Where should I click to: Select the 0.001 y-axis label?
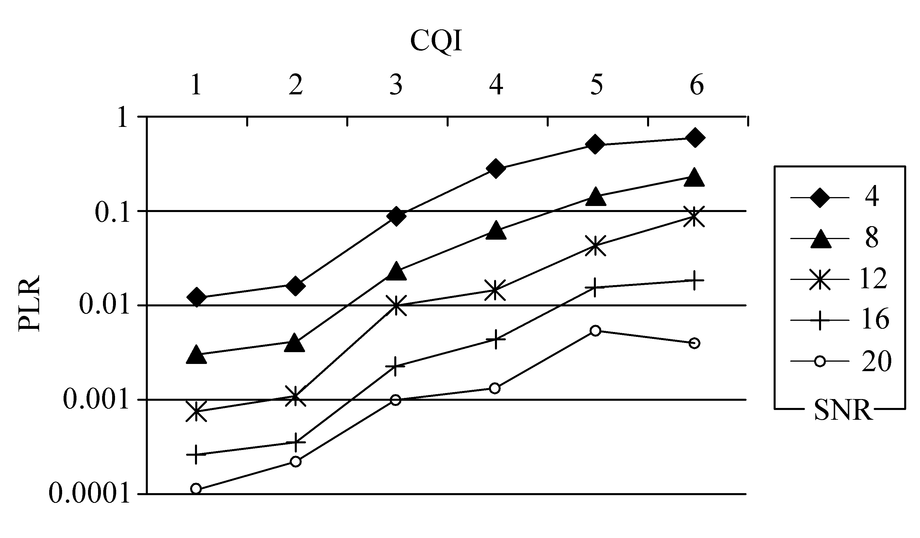(x=97, y=400)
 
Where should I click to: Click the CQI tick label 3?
(x=396, y=85)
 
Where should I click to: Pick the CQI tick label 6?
(x=697, y=85)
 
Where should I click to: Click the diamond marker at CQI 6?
(x=695, y=138)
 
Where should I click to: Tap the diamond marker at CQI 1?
(x=196, y=297)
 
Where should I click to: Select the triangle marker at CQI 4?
(x=496, y=230)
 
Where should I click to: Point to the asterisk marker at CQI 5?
(x=595, y=245)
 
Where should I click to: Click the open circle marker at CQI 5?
(x=595, y=331)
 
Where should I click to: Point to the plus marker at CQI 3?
(x=396, y=366)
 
